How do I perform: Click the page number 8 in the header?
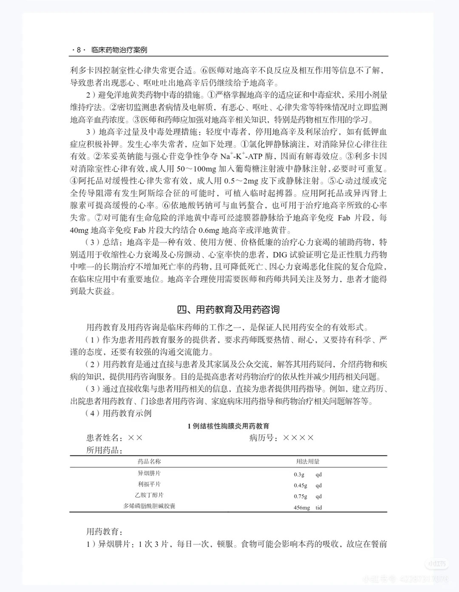pyautogui.click(x=79, y=50)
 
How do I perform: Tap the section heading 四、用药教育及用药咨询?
pyautogui.click(x=228, y=310)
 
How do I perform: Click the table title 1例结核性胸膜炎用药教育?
pyautogui.click(x=228, y=426)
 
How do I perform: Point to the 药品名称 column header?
pyautogui.click(x=149, y=461)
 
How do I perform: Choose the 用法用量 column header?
pyautogui.click(x=308, y=461)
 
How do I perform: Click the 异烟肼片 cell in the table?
pyautogui.click(x=149, y=473)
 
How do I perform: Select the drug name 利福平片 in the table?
pyautogui.click(x=149, y=484)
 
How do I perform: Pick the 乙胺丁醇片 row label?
pyautogui.click(x=149, y=495)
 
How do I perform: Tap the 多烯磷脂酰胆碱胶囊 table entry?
pyautogui.click(x=149, y=506)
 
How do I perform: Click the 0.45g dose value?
pyautogui.click(x=300, y=486)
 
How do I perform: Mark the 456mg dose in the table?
pyautogui.click(x=302, y=508)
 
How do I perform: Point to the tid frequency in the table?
pyautogui.click(x=319, y=508)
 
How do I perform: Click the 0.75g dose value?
pyautogui.click(x=300, y=497)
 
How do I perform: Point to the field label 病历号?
pyautogui.click(x=262, y=438)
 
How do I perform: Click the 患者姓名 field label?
pyautogui.click(x=105, y=438)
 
